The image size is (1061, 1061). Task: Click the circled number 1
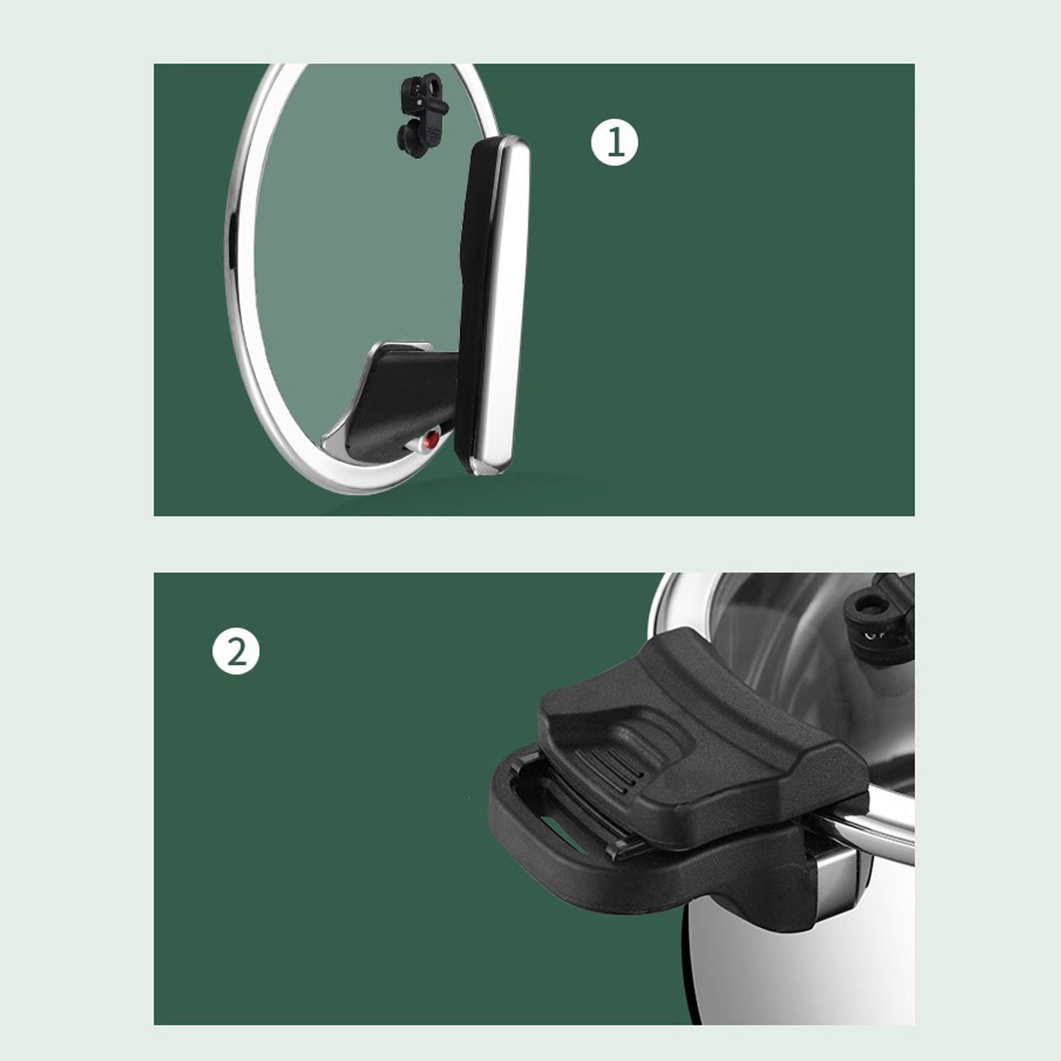[614, 142]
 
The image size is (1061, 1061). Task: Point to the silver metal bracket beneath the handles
[836, 875]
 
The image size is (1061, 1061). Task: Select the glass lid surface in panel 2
[795, 656]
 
